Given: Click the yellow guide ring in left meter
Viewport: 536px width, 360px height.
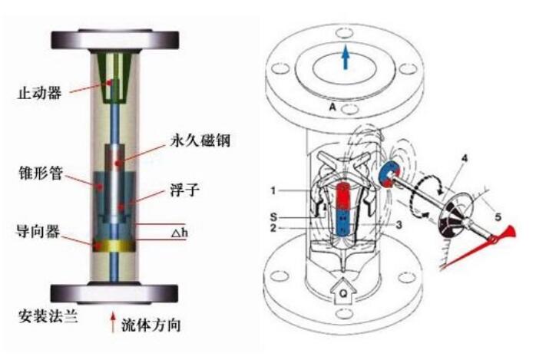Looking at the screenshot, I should pyautogui.click(x=114, y=245).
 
